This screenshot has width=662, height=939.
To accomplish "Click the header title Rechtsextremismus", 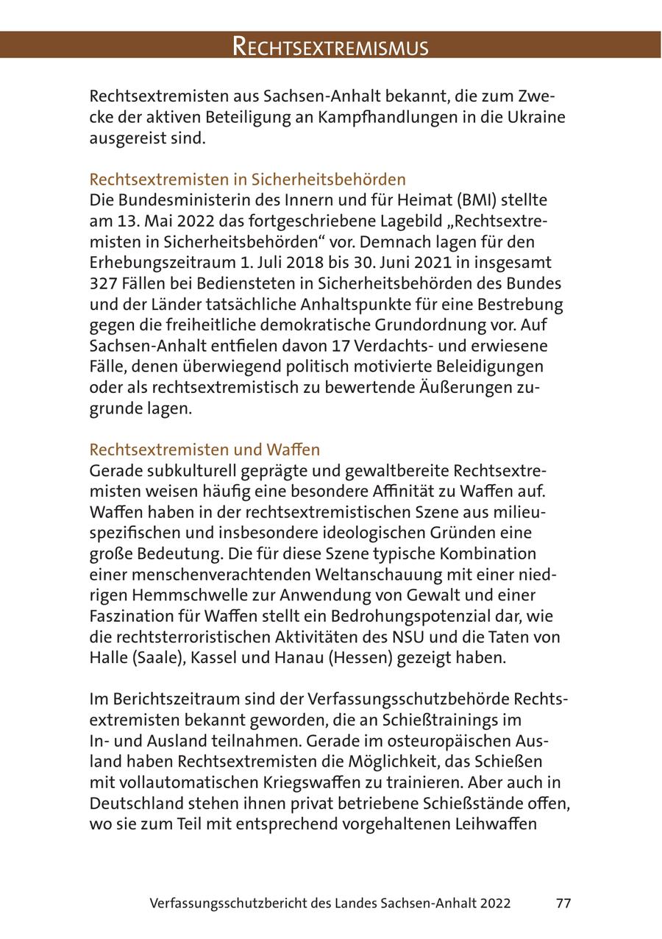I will pyautogui.click(x=330, y=46).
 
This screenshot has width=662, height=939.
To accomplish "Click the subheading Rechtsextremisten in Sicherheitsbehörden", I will pyautogui.click(x=247, y=180).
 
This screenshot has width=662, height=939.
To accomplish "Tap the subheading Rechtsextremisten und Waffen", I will pyautogui.click(x=204, y=449).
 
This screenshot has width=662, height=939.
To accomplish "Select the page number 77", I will pyautogui.click(x=563, y=903).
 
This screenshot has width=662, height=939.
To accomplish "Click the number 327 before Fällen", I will pyautogui.click(x=103, y=283).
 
